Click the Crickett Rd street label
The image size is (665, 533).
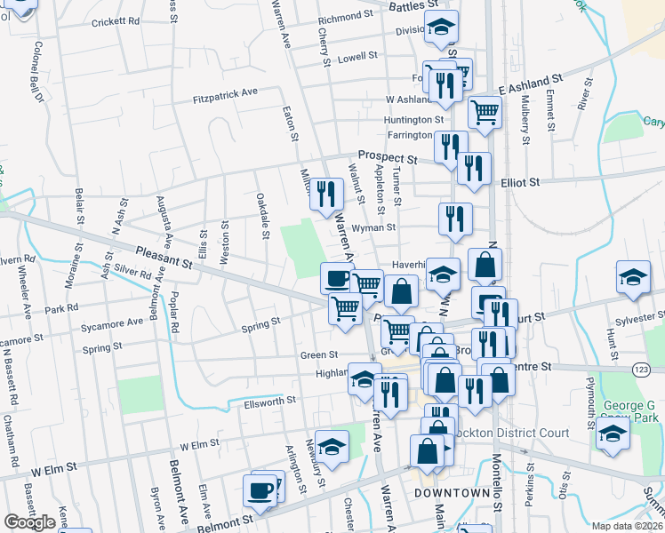tap(116, 20)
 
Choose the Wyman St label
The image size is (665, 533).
tap(373, 228)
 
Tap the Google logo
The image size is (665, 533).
tap(29, 522)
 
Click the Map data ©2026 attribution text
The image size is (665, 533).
tap(627, 526)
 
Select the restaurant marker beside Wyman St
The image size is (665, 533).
tap(455, 217)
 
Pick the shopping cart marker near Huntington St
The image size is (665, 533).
tap(485, 111)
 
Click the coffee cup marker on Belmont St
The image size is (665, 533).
tap(261, 489)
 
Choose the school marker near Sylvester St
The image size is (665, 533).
tap(633, 277)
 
